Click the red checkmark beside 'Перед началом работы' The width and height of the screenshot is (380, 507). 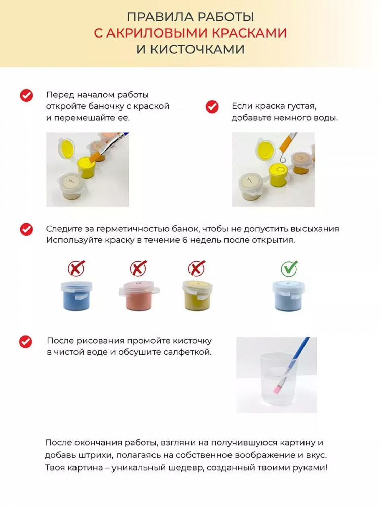(x=26, y=96)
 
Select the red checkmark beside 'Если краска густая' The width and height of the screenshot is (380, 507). (x=212, y=106)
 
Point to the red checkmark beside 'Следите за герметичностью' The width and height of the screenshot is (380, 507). (x=26, y=229)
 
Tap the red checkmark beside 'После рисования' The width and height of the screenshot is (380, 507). (x=26, y=341)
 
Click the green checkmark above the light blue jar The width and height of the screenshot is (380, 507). (x=289, y=268)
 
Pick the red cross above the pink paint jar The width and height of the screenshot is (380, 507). (x=139, y=268)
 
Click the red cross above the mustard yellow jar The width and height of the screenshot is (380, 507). (x=197, y=268)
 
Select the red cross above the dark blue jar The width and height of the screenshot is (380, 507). (x=77, y=268)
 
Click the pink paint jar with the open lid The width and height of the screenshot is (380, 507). (x=139, y=295)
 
